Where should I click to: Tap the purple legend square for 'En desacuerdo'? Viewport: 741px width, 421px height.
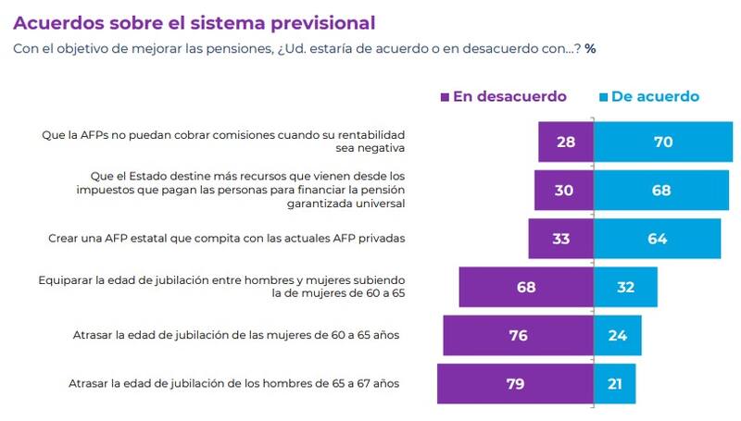click(446, 96)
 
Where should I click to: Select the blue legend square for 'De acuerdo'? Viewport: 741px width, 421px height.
click(603, 96)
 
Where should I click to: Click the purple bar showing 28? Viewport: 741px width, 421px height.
click(566, 142)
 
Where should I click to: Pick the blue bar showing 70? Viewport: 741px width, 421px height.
click(662, 142)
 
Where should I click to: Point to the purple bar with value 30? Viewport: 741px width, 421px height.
click(563, 190)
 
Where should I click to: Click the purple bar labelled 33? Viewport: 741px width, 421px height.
click(560, 239)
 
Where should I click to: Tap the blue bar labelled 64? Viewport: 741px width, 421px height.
click(657, 239)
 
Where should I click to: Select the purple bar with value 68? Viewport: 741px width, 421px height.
click(526, 287)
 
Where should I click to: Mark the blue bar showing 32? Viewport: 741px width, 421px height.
click(625, 287)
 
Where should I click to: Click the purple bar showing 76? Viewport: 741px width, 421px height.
click(518, 335)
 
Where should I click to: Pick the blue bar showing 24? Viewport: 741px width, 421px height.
click(618, 335)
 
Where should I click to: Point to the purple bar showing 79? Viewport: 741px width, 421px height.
click(515, 383)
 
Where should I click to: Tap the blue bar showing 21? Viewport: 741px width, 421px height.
click(614, 383)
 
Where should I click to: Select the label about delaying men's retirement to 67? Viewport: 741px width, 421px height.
click(235, 383)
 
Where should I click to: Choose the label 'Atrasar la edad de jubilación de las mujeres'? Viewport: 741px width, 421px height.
click(235, 335)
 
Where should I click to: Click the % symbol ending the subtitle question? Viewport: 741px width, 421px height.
click(589, 47)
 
